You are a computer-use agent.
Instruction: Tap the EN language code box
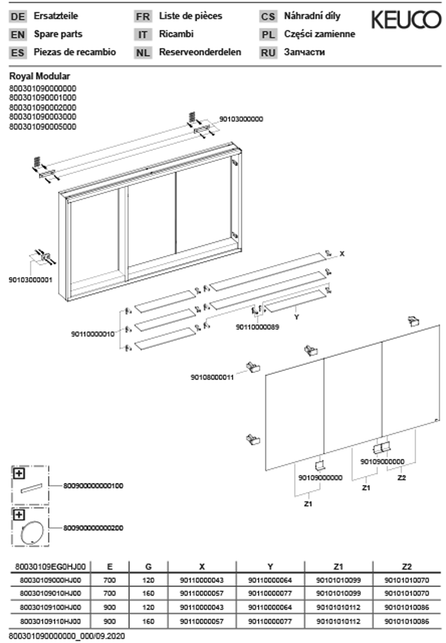(18, 35)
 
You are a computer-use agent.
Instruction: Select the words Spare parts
(58, 34)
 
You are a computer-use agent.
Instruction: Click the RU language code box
(268, 53)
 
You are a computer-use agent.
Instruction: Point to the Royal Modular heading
(40, 76)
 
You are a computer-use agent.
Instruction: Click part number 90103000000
(241, 119)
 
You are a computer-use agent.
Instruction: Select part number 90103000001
(31, 280)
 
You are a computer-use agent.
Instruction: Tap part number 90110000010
(93, 334)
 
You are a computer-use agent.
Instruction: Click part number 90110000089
(257, 327)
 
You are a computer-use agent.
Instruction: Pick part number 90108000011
(212, 377)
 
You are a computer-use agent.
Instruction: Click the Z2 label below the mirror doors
(402, 478)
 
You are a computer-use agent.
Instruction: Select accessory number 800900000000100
(93, 486)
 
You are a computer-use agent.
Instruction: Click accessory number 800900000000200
(93, 528)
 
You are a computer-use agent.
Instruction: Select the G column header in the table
(148, 567)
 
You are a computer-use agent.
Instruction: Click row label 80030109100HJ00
(50, 607)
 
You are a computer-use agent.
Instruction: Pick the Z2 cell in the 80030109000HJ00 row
(407, 580)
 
